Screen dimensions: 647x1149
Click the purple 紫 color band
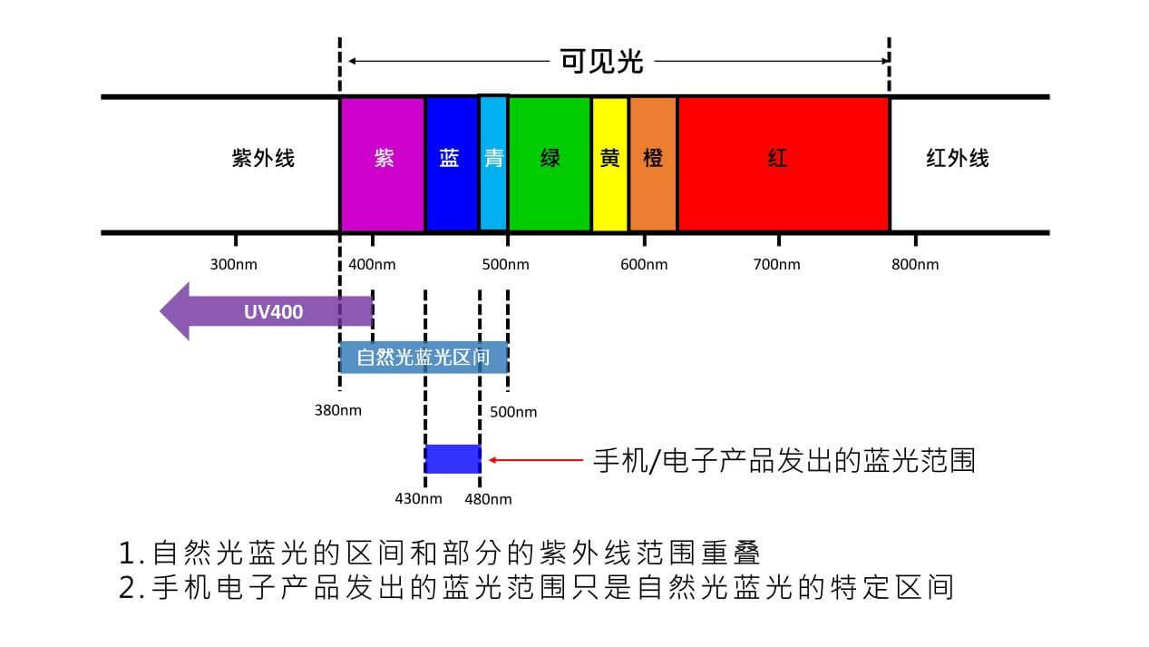point(383,163)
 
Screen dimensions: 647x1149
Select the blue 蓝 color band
point(451,163)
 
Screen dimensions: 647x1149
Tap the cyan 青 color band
point(493,163)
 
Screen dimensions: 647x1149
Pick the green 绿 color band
point(550,163)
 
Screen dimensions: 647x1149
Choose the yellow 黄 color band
point(609,163)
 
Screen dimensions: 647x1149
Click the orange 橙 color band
point(653,163)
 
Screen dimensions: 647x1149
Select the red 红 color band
point(782,163)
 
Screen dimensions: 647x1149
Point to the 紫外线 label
point(263,159)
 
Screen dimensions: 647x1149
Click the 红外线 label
point(957,159)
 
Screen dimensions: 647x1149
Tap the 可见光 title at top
point(601,62)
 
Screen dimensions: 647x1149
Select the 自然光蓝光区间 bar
point(423,358)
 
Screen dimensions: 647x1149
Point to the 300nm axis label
point(234,265)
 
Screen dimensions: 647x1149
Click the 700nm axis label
point(777,265)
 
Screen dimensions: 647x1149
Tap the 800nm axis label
point(915,265)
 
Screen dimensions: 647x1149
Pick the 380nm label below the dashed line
point(337,410)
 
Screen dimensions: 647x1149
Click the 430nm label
point(418,499)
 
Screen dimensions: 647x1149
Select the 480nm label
point(488,499)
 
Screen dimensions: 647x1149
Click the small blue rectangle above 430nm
point(452,459)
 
